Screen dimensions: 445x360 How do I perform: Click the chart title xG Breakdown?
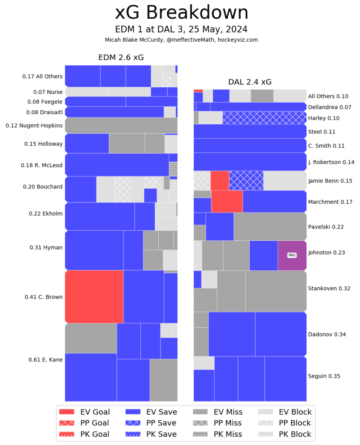point(181,13)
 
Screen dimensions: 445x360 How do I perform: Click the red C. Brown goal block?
point(94,296)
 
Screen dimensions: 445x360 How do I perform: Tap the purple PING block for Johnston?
point(292,255)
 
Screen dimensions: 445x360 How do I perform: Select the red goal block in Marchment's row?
point(227,201)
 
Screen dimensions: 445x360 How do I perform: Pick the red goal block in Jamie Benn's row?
point(220,180)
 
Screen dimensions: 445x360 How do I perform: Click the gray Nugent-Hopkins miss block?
point(121,125)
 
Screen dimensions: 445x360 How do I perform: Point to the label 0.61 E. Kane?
point(45,359)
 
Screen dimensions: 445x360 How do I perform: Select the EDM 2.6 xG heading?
point(121,57)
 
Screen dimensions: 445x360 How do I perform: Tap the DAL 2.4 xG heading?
point(250,82)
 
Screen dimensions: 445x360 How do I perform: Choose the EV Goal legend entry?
point(85,412)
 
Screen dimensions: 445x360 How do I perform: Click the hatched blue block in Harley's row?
point(264,118)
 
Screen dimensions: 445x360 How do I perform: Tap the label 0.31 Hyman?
point(46,247)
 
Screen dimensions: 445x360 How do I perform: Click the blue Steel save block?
point(250,131)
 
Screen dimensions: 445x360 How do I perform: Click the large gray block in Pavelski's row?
point(270,226)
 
